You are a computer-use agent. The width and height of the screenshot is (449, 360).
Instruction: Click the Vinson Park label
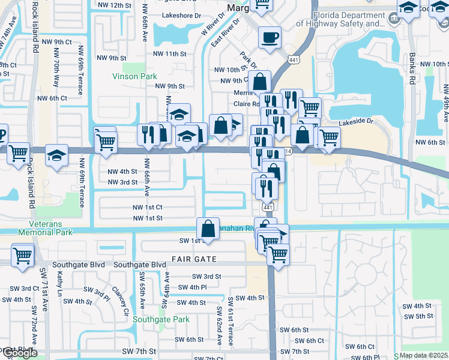pyautogui.click(x=135, y=76)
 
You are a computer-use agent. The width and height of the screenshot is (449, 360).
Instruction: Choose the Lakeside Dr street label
pyautogui.click(x=356, y=121)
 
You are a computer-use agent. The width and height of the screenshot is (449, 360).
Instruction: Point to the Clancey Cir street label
pyautogui.click(x=122, y=300)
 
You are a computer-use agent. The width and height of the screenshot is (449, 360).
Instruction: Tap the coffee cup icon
pyautogui.click(x=270, y=37)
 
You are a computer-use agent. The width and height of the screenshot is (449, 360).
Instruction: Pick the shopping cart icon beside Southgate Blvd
pyautogui.click(x=22, y=256)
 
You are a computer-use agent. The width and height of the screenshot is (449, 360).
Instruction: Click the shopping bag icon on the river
pyautogui.click(x=208, y=229)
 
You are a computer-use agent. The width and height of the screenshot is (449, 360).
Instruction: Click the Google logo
pyautogui.click(x=19, y=353)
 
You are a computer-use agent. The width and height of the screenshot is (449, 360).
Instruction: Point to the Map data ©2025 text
pyautogui.click(x=423, y=355)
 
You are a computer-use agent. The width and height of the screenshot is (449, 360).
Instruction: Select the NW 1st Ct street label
pyautogui.click(x=148, y=207)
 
